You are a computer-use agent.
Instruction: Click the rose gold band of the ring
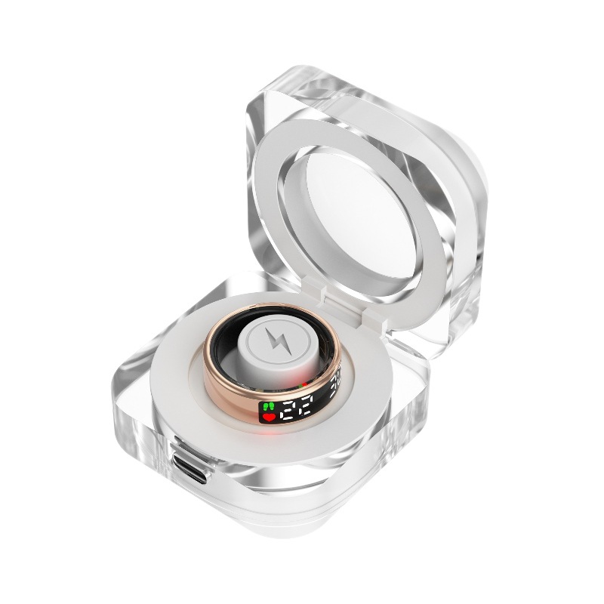click(x=226, y=385)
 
